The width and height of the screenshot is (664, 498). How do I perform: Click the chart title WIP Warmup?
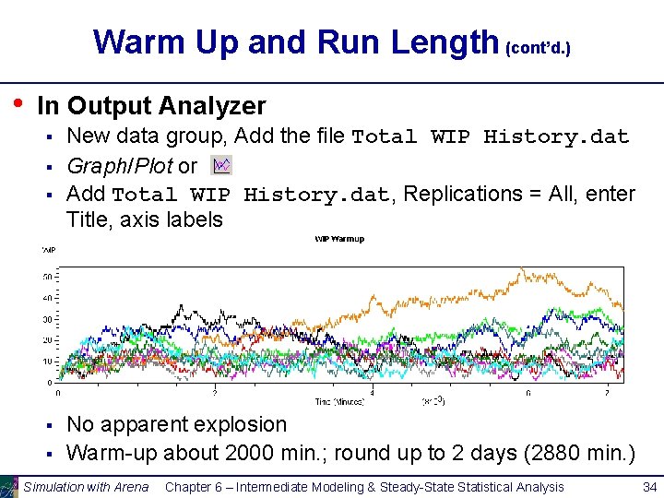339,239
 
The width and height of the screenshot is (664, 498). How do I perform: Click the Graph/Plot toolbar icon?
221,165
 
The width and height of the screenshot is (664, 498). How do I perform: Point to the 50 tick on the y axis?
47,277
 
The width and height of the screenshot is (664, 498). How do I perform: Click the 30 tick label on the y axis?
47,319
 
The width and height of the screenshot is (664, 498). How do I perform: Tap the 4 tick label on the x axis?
372,393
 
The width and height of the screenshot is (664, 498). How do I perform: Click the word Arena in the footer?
130,487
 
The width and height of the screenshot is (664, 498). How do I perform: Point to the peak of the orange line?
522,269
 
